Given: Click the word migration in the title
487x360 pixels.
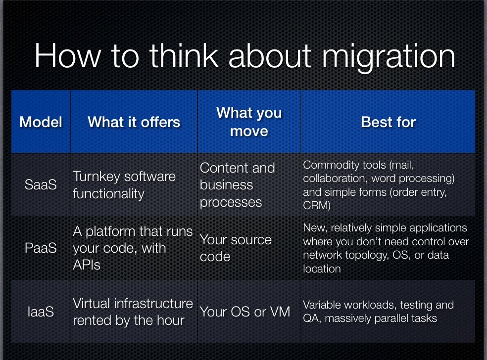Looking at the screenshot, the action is click(389, 57).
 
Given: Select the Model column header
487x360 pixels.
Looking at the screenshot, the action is click(41, 122).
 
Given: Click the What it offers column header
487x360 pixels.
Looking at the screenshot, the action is click(134, 122).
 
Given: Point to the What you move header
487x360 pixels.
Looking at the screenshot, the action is click(249, 122).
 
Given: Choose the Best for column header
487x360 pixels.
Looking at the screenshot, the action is click(388, 122).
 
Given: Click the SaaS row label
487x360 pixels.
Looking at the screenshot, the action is click(41, 184).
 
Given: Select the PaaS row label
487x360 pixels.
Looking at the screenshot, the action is click(41, 248).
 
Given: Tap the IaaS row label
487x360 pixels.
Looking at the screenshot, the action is click(41, 312).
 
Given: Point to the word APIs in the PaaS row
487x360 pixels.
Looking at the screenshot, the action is click(87, 265).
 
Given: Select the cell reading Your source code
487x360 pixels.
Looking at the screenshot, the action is click(236, 248).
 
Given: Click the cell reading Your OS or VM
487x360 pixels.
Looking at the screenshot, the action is click(245, 312).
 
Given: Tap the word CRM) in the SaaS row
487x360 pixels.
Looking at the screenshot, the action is click(317, 205).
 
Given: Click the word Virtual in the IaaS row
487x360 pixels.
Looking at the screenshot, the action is click(91, 303).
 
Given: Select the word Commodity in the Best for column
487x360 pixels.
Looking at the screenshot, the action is click(329, 166).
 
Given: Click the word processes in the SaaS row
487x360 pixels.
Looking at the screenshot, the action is click(231, 203).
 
